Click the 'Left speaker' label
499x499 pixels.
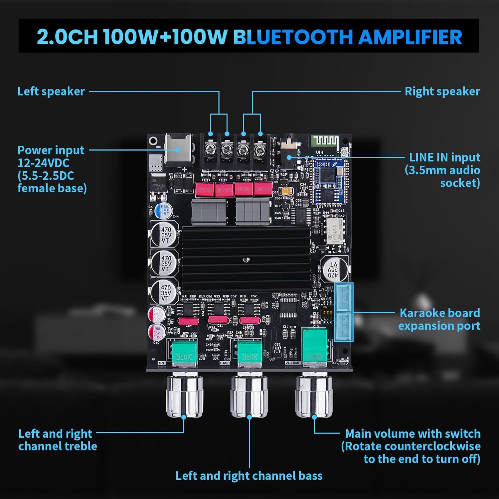point(51,91)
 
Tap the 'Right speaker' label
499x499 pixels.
point(442,91)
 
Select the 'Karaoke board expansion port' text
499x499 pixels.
point(439,319)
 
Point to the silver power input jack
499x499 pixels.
point(179,150)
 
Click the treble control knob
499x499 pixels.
point(184,396)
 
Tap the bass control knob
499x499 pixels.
point(249,396)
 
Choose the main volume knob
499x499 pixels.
point(314,396)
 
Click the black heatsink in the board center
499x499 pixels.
point(246,258)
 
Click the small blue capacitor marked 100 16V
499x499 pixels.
point(164,211)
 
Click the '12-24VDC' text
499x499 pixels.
point(43,163)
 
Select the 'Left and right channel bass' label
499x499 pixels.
point(249,476)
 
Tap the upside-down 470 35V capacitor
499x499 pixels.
point(334,269)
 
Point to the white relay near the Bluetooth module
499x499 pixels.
point(334,230)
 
